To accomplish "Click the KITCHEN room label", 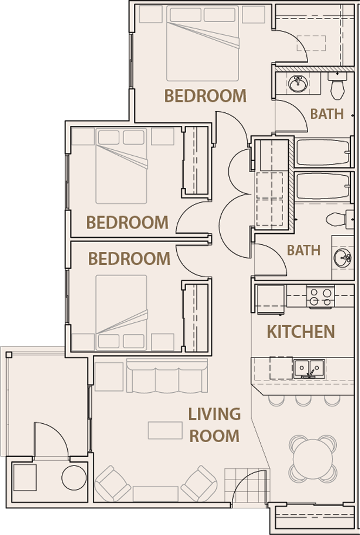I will click(300, 331).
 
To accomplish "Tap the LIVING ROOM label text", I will click(214, 424).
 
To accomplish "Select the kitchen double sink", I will click(309, 369).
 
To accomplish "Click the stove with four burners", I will click(320, 297).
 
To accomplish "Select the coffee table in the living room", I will click(165, 430).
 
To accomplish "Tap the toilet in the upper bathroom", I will click(337, 87).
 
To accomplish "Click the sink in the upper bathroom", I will click(298, 84).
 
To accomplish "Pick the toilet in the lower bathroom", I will click(337, 219).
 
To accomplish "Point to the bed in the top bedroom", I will click(203, 43).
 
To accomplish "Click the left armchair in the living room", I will click(113, 483).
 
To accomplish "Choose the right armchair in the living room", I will click(199, 483).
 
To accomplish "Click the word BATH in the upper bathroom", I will click(327, 114).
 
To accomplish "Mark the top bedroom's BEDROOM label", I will click(205, 96).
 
